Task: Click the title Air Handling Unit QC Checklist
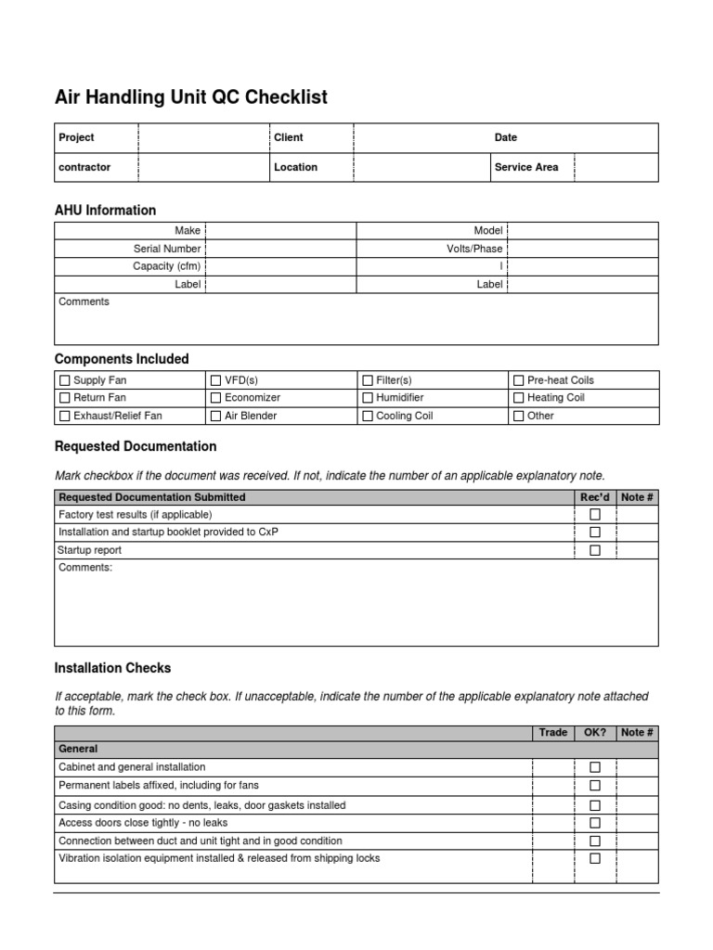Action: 191,97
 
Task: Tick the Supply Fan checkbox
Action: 65,380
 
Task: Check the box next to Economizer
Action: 216,398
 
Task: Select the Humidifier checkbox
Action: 368,398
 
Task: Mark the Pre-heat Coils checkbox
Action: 519,380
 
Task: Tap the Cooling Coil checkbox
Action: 368,417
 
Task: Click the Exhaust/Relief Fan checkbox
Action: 65,417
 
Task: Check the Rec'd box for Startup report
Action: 595,550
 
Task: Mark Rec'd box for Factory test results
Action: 595,514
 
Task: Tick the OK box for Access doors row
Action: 595,823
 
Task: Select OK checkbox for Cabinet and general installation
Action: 595,767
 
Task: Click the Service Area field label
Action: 526,167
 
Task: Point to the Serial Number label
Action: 167,249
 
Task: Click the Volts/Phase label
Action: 474,249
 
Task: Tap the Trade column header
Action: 553,732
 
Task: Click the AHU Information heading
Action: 106,210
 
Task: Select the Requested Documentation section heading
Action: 136,446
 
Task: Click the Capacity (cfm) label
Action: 167,266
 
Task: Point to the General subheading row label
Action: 78,749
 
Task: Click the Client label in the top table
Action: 289,137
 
